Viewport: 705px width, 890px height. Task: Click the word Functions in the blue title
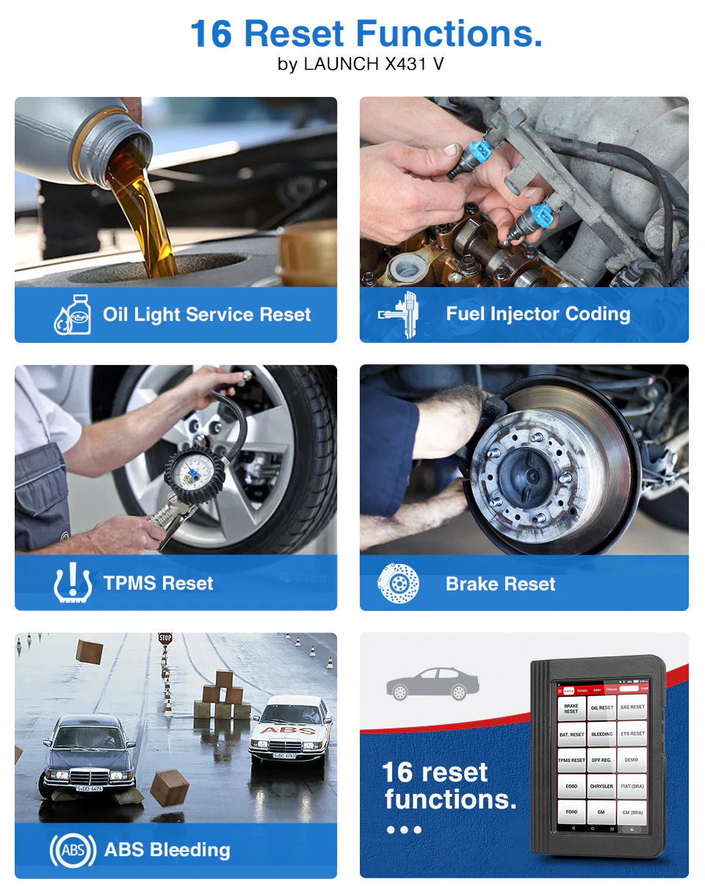(449, 34)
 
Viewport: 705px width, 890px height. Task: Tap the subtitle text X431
(408, 64)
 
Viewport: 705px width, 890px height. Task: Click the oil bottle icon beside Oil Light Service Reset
(73, 314)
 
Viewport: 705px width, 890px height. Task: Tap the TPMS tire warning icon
(73, 584)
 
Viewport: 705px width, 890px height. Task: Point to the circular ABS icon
(73, 850)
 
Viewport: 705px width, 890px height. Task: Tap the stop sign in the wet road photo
(164, 638)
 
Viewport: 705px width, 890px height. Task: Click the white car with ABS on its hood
(291, 728)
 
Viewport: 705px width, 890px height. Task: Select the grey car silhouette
(433, 684)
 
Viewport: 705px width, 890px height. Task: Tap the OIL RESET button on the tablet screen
(601, 708)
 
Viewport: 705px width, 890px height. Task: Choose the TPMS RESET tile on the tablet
(571, 760)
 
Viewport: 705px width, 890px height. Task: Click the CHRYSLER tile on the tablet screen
(601, 786)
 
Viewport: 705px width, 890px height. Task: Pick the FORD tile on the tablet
(571, 812)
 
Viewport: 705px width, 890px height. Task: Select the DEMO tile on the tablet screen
(632, 760)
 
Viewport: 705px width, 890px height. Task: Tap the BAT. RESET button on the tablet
(571, 734)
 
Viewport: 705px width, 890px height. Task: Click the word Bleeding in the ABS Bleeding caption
(189, 850)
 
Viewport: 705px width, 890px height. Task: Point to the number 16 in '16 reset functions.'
(397, 773)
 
